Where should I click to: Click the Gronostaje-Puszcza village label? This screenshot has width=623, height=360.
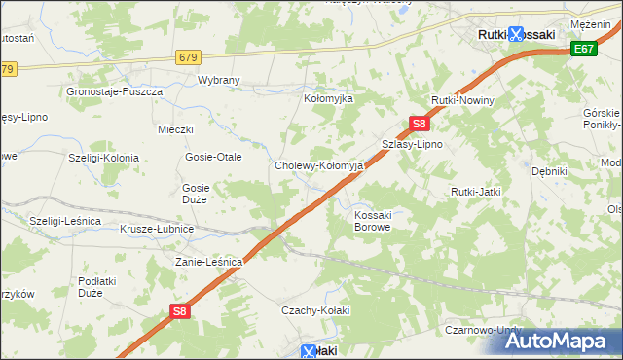tap(113, 91)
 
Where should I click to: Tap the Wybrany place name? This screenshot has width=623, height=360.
tap(219, 82)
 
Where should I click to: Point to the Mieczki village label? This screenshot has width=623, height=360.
tap(176, 129)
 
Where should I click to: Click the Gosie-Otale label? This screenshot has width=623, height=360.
tap(213, 157)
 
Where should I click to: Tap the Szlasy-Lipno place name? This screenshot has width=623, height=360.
tap(412, 144)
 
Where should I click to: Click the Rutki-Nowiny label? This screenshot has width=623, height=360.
tap(464, 101)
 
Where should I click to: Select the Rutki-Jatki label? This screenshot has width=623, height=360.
tap(475, 192)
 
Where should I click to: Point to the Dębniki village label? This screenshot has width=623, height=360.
tap(549, 170)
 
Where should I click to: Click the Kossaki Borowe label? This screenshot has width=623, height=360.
tap(373, 220)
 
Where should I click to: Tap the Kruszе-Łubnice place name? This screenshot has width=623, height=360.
tap(157, 229)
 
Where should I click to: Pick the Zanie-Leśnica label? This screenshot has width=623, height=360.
tap(207, 262)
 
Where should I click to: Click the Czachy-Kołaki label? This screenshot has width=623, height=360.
tap(314, 310)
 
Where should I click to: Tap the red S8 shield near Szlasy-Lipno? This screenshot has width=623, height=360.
tap(419, 124)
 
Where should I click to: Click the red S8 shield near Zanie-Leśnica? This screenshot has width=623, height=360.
tap(179, 311)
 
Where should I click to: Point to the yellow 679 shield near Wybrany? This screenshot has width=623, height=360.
tap(189, 57)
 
